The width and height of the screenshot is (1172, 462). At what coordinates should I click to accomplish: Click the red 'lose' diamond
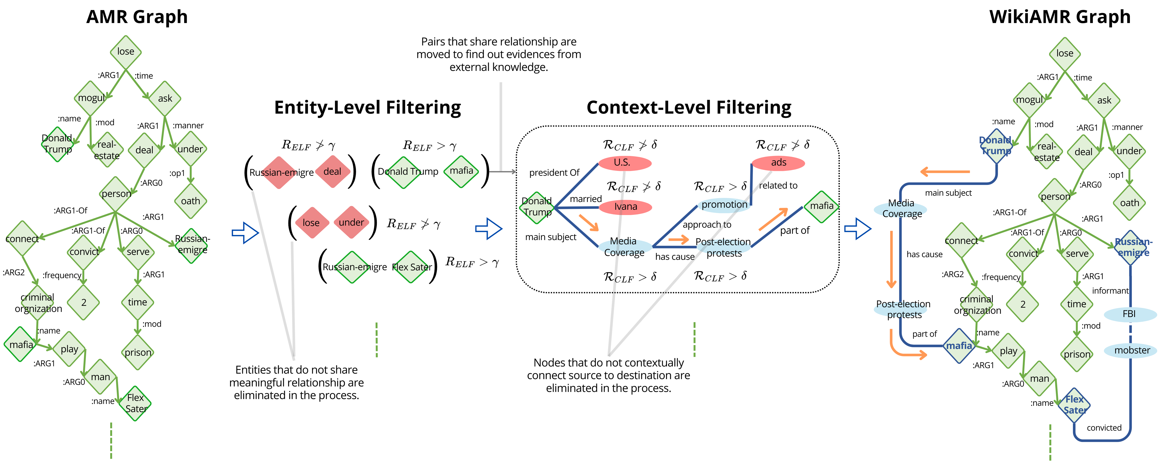(x=311, y=223)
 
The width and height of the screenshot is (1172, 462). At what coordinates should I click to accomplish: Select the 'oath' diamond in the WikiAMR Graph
(x=1129, y=203)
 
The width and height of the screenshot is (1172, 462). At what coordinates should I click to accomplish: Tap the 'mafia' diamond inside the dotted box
(x=821, y=206)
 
